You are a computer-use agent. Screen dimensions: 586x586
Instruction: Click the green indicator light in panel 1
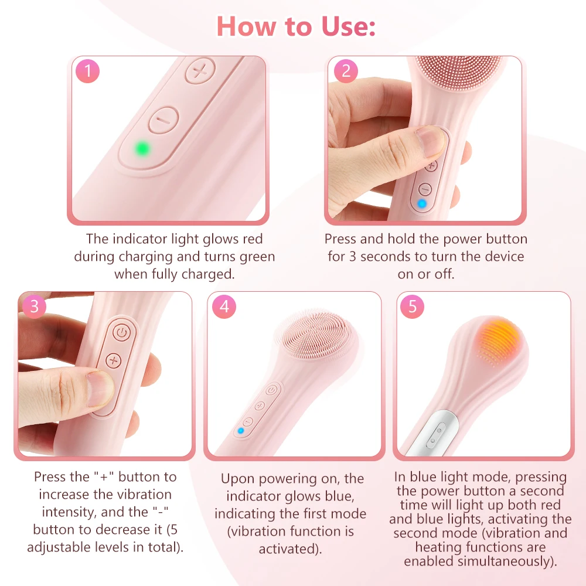[x=142, y=149]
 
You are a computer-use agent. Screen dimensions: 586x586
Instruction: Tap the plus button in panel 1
[x=200, y=70]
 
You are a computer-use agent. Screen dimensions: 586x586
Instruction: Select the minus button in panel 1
[x=163, y=120]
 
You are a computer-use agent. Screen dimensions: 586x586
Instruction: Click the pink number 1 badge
[x=87, y=71]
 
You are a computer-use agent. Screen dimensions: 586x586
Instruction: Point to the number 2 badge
[x=346, y=71]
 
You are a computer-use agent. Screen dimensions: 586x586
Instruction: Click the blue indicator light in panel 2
[x=422, y=204]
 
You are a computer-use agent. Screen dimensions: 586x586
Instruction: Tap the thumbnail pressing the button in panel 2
[x=430, y=140]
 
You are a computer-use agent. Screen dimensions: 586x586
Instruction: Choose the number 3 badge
[x=35, y=306]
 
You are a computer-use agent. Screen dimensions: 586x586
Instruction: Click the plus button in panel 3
[x=113, y=360]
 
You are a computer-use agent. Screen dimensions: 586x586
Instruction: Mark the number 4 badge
[x=224, y=306]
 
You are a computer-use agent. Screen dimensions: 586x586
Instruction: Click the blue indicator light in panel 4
[x=241, y=431]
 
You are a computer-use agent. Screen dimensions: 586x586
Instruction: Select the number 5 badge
[x=412, y=306]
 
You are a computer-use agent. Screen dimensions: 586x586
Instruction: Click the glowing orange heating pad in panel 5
[x=499, y=340]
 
